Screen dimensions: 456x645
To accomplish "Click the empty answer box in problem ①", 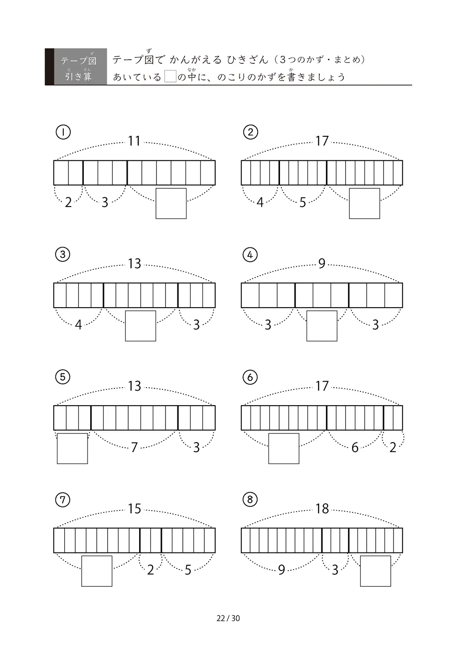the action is (171, 203).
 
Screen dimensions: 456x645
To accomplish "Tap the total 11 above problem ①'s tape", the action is (134, 141).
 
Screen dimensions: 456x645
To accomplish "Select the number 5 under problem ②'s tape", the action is (302, 202).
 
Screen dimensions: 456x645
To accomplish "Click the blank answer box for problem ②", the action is (364, 203).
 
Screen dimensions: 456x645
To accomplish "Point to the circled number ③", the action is (62, 254).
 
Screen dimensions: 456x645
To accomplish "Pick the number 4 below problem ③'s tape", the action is (78, 325).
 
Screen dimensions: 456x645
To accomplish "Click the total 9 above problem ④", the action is (321, 263).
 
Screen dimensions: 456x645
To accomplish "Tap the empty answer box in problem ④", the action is (321, 325).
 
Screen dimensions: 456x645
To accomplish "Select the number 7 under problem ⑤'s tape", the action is (134, 447).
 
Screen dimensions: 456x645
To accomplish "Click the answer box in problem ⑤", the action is (73, 449).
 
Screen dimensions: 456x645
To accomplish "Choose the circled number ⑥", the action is (250, 377).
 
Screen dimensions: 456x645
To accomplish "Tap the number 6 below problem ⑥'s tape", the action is (355, 448).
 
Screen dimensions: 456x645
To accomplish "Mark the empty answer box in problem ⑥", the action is (284, 449).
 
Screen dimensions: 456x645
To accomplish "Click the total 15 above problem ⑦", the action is (134, 509).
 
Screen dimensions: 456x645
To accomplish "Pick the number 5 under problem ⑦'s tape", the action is (188, 570).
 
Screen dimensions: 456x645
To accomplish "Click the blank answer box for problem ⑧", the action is (375, 571).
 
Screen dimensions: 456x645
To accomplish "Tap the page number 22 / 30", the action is (228, 618).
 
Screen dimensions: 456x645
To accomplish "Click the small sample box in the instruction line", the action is (170, 77).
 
